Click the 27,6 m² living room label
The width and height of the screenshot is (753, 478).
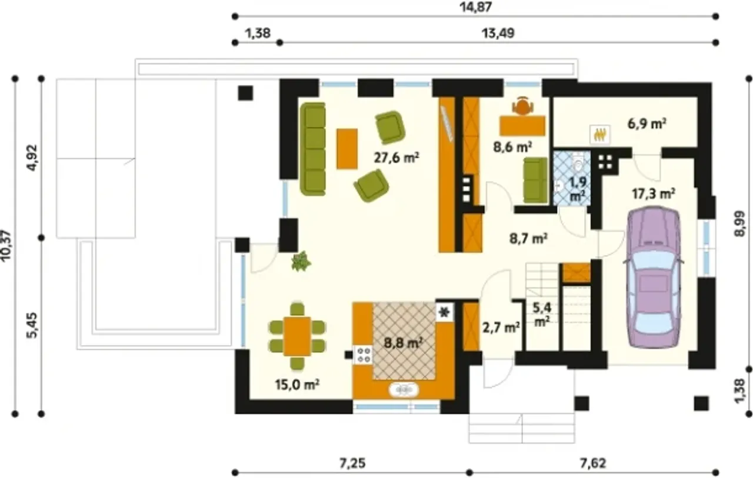click(x=397, y=158)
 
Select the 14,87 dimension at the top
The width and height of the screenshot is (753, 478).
click(x=476, y=6)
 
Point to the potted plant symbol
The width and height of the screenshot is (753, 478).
click(x=301, y=260)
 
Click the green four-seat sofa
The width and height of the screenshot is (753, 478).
click(x=313, y=149)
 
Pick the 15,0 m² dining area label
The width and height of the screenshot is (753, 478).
click(x=297, y=385)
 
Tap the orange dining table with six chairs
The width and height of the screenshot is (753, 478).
click(x=297, y=336)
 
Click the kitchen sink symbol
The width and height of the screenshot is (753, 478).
click(x=404, y=390)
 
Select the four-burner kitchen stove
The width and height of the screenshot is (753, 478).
click(x=363, y=355)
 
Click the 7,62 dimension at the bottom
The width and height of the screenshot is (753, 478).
click(x=592, y=463)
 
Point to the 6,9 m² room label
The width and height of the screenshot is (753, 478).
click(x=647, y=124)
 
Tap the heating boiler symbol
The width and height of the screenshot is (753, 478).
click(x=600, y=135)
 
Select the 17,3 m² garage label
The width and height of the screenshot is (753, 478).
click(x=654, y=194)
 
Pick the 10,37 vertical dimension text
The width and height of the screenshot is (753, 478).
click(x=6, y=246)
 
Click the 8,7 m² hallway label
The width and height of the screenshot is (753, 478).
click(x=528, y=239)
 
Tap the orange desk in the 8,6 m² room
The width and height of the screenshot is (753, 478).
click(x=522, y=126)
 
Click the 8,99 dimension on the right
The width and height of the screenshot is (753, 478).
click(x=739, y=224)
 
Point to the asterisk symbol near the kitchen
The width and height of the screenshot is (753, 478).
click(x=444, y=313)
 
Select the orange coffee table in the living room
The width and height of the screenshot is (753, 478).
click(x=347, y=149)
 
